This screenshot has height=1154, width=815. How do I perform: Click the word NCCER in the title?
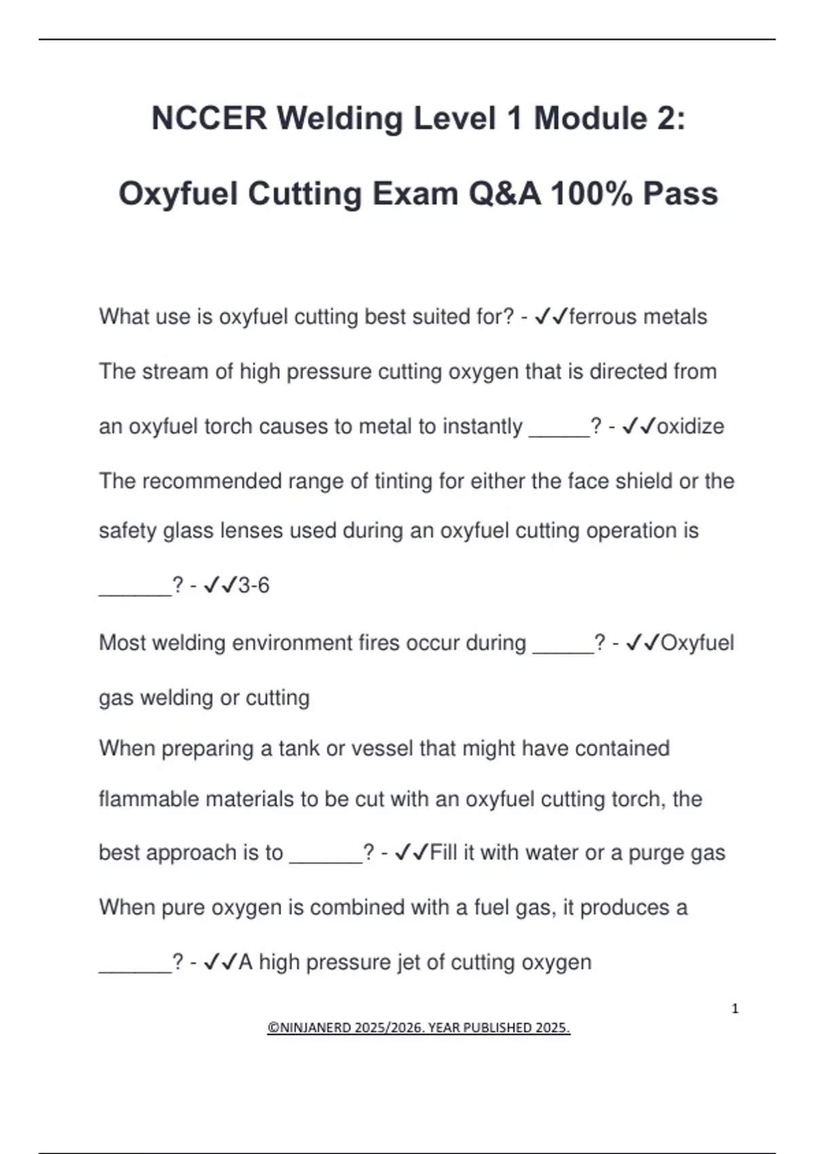[209, 118]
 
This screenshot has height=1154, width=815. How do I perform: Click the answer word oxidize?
[691, 426]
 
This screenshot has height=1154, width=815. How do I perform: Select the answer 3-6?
[254, 585]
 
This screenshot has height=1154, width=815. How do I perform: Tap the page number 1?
[735, 1009]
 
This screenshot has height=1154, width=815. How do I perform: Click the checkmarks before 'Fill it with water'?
[412, 853]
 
